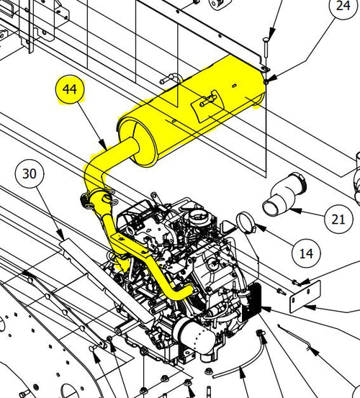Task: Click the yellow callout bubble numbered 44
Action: click(x=70, y=89)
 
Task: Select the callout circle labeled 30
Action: click(x=30, y=174)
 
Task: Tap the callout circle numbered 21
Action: click(x=338, y=219)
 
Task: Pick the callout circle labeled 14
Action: click(x=306, y=253)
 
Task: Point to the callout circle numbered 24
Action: click(x=343, y=6)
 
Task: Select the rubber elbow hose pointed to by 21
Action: click(x=284, y=194)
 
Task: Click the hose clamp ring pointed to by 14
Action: click(x=246, y=223)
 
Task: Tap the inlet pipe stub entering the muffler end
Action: click(x=130, y=149)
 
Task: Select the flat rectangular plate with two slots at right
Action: click(x=305, y=297)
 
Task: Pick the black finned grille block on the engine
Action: click(x=252, y=302)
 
